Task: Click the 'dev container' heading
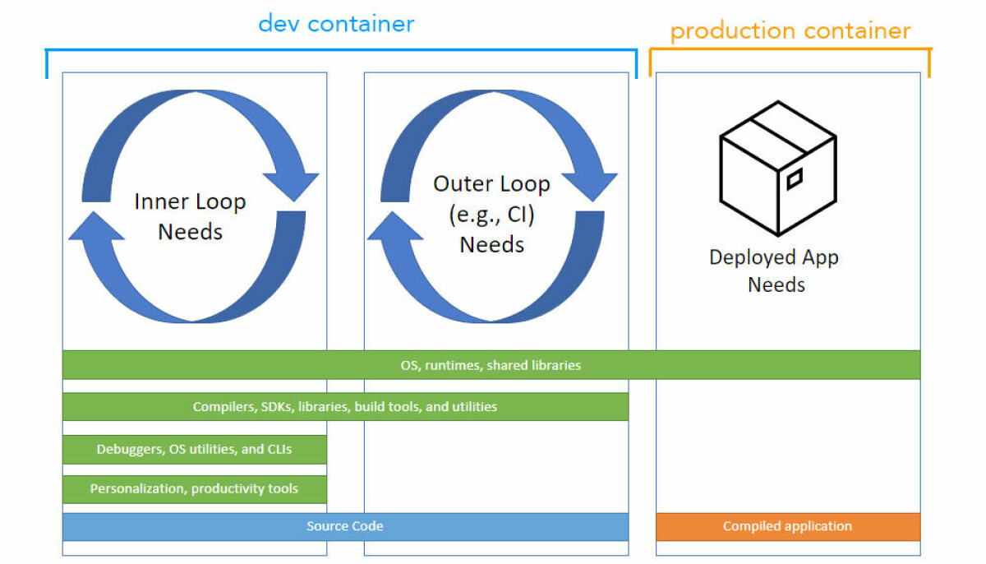click(336, 23)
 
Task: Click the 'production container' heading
click(790, 32)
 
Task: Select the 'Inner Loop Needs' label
click(190, 216)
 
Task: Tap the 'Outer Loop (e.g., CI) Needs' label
click(491, 213)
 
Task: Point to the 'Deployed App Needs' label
click(774, 270)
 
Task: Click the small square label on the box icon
click(795, 179)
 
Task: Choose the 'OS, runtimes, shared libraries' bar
click(491, 365)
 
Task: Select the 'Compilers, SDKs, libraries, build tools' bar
click(345, 407)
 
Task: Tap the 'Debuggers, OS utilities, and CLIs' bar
click(194, 449)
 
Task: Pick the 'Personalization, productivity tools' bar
click(194, 489)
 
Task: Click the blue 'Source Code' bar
click(345, 526)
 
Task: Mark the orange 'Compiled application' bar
click(787, 526)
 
